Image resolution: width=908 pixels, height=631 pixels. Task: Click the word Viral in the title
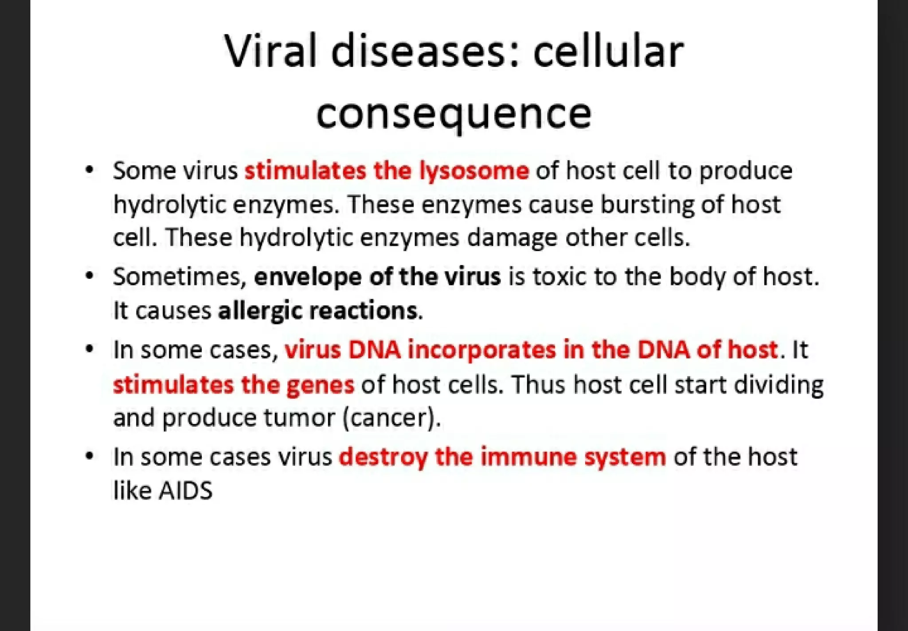(x=271, y=51)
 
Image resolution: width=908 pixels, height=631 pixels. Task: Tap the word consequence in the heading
(x=454, y=114)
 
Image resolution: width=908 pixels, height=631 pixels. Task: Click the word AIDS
(x=186, y=491)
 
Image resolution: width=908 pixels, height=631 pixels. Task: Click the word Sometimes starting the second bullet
(x=180, y=276)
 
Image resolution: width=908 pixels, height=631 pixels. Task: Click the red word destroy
(x=383, y=457)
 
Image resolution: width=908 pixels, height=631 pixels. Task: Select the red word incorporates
(x=481, y=350)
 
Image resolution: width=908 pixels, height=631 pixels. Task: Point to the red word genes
(x=320, y=385)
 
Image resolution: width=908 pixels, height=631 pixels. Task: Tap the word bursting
(x=647, y=205)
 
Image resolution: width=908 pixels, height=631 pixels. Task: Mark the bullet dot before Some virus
(x=90, y=170)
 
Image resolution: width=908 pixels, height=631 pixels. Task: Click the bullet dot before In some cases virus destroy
(x=90, y=456)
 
